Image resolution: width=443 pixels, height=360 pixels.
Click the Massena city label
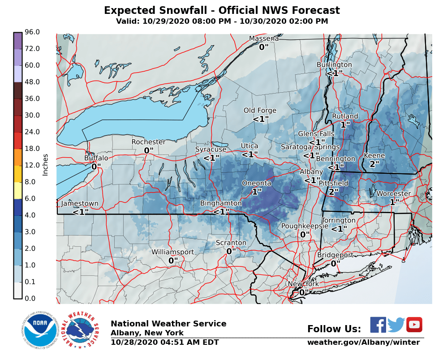pyautogui.click(x=264, y=39)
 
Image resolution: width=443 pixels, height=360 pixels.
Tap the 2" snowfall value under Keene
pyautogui.click(x=374, y=164)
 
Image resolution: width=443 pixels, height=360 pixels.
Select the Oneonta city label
pyautogui.click(x=256, y=183)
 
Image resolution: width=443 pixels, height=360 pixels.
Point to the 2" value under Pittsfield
pyautogui.click(x=333, y=192)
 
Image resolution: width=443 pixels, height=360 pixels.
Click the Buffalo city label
pyautogui.click(x=96, y=158)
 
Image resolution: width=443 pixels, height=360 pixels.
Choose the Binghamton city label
pyautogui.click(x=221, y=203)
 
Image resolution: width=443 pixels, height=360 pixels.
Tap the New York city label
pyautogui.click(x=303, y=284)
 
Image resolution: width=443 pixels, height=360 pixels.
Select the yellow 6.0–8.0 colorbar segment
pyautogui.click(x=17, y=190)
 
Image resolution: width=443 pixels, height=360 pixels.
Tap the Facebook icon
pyautogui.click(x=378, y=325)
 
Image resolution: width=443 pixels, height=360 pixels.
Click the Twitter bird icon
pyautogui.click(x=396, y=325)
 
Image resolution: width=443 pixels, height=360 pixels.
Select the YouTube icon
pyautogui.click(x=414, y=325)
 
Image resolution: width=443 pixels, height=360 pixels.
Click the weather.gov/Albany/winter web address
pyautogui.click(x=363, y=343)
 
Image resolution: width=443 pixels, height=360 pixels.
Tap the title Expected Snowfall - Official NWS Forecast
pyautogui.click(x=222, y=11)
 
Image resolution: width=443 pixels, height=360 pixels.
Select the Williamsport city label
pyautogui.click(x=172, y=252)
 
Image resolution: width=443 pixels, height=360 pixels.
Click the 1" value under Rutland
pyautogui.click(x=345, y=125)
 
